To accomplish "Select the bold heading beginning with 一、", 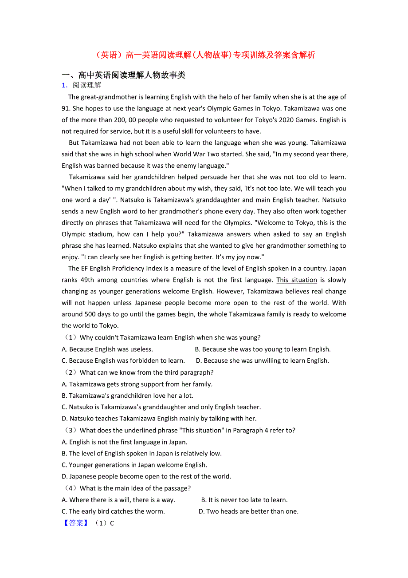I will (x=123, y=75).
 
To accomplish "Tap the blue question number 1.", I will (x=64, y=85).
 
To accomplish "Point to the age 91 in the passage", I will (x=66, y=108).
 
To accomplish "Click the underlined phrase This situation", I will (x=297, y=280).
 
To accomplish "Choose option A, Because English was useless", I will (x=107, y=349).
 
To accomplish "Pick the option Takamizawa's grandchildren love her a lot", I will (x=128, y=396).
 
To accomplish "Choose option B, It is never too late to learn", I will (x=244, y=500).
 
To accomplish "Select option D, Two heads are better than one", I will (x=248, y=511).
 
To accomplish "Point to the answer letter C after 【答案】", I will (x=112, y=523).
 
